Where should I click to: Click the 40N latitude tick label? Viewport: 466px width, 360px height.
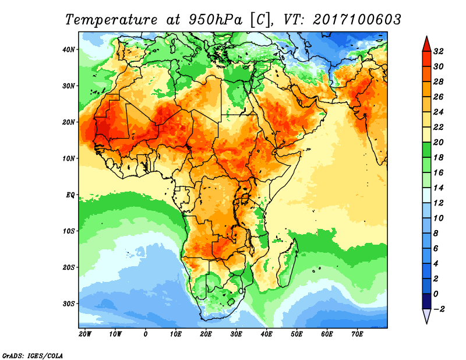[x=69, y=49]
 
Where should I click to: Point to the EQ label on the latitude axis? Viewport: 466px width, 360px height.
[x=70, y=195]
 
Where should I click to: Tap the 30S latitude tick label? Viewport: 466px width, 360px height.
[x=69, y=303]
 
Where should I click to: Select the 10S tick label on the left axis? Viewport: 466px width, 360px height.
[x=69, y=231]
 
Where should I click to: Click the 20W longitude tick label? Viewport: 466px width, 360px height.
[x=85, y=334]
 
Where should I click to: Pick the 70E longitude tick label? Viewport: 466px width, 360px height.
[x=358, y=334]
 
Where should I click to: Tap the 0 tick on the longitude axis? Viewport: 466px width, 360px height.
[x=146, y=334]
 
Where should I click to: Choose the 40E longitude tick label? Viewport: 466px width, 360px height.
[x=267, y=334]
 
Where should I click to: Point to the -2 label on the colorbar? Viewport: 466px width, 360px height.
[x=439, y=309]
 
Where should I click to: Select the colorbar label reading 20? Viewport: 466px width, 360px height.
[x=439, y=142]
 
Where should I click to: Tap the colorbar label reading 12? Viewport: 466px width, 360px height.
[x=439, y=203]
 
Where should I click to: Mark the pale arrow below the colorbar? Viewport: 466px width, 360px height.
[x=426, y=316]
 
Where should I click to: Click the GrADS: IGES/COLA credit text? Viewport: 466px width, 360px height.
[x=33, y=355]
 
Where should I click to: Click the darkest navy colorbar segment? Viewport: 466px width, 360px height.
[x=426, y=301]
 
